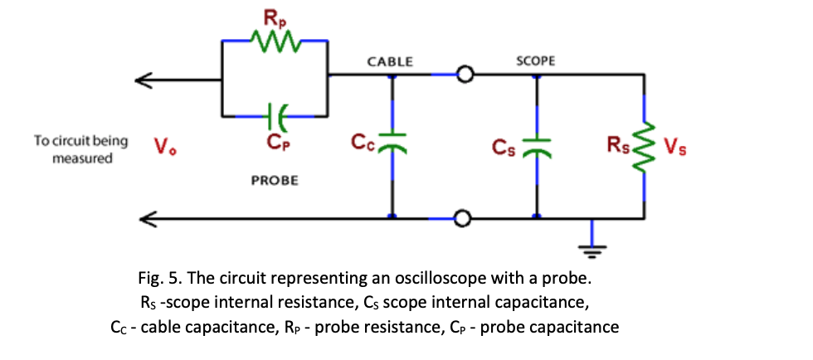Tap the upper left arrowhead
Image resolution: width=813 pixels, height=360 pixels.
click(144, 80)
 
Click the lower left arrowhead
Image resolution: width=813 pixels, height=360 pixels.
click(144, 219)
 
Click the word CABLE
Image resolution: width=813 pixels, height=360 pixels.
click(390, 61)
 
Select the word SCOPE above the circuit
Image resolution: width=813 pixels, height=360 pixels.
click(535, 61)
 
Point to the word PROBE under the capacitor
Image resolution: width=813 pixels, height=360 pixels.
click(275, 179)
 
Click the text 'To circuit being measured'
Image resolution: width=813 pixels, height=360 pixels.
click(81, 148)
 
